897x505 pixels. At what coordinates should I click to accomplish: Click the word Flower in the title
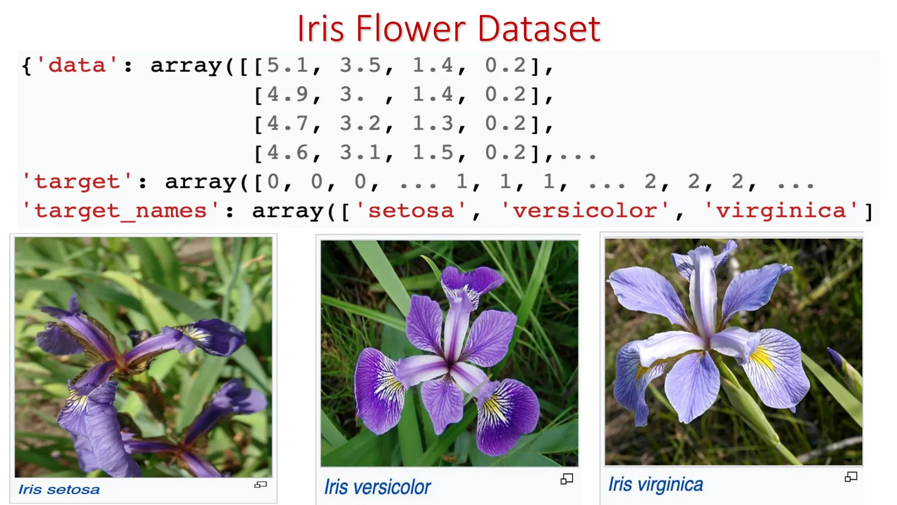[410, 29]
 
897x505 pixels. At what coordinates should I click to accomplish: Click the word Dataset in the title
[539, 29]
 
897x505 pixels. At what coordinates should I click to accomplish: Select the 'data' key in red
[77, 66]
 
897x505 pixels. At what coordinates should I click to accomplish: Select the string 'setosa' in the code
[411, 211]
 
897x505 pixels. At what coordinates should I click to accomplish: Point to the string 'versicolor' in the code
[585, 211]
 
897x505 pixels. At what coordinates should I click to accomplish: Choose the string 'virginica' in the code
[780, 211]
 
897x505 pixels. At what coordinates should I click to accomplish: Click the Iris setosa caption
[59, 489]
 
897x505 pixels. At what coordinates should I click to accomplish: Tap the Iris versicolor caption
[378, 487]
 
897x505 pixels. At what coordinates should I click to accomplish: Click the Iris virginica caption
[656, 484]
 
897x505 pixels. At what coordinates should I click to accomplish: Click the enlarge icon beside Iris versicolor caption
[566, 479]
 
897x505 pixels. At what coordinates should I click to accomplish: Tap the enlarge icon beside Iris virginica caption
[851, 477]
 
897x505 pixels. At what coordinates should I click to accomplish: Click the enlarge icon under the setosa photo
[261, 484]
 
